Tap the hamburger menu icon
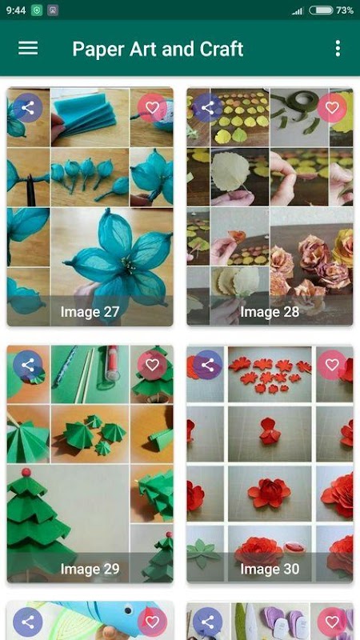click(x=28, y=48)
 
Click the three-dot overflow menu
click(x=338, y=48)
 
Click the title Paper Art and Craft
click(x=158, y=49)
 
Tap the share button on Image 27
click(x=28, y=108)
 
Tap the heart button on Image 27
click(x=152, y=108)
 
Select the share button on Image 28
click(x=208, y=108)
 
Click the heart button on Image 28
click(x=332, y=108)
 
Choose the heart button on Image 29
click(x=152, y=366)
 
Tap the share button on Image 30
click(x=208, y=366)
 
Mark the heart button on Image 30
click(x=332, y=366)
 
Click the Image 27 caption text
click(x=90, y=312)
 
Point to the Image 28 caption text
click(x=270, y=312)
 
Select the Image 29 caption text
click(x=90, y=569)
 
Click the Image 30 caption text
click(x=270, y=569)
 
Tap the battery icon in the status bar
click(x=322, y=10)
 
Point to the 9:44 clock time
click(x=16, y=10)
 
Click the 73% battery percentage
click(x=345, y=10)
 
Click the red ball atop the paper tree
click(x=26, y=473)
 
